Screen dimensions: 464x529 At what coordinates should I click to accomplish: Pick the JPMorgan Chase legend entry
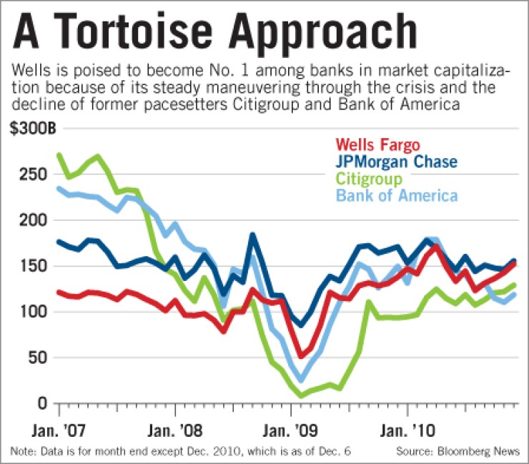tap(407, 163)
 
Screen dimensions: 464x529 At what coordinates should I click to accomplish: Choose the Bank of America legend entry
tap(397, 195)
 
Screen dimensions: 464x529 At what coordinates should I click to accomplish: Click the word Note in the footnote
tap(21, 450)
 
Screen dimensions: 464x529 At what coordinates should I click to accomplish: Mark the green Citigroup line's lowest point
tap(301, 395)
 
